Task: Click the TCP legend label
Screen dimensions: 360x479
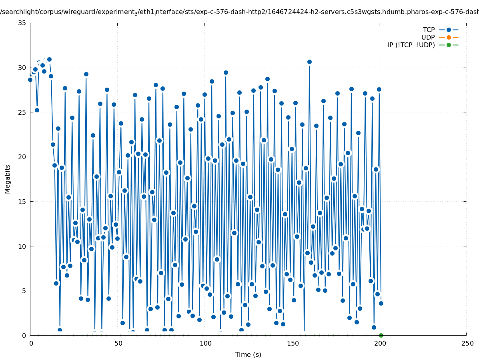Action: pos(429,30)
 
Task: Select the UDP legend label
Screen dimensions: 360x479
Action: pos(428,37)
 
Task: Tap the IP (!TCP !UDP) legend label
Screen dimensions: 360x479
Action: pos(411,45)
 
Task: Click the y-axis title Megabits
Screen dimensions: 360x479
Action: pos(8,179)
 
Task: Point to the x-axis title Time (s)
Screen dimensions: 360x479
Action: pos(248,354)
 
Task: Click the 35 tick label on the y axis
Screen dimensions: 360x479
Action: pos(22,23)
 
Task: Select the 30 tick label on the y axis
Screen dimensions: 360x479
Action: pos(22,68)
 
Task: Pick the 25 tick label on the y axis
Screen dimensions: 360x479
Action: pos(22,112)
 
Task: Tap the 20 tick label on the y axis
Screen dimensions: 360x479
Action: pos(22,157)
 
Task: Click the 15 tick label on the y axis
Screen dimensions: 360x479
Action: pos(22,202)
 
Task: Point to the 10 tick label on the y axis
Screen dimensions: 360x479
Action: pos(22,246)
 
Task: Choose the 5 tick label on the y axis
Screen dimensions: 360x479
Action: pos(24,291)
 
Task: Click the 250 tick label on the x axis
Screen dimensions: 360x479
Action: pos(467,343)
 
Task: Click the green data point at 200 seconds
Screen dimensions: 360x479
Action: pos(381,335)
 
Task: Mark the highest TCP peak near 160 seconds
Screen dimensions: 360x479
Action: pos(309,62)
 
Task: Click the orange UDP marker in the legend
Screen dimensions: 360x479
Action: pos(449,37)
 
